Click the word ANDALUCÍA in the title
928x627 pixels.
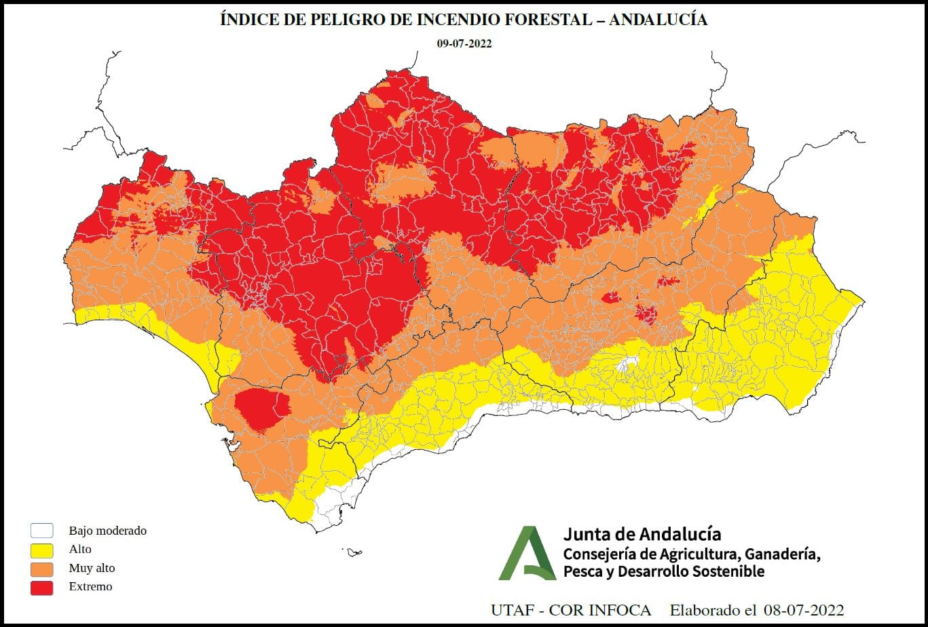coord(658,20)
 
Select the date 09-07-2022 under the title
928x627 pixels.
coord(464,43)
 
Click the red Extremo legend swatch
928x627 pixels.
coord(42,587)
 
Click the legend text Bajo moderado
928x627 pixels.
coord(107,531)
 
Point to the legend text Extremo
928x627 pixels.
coord(90,586)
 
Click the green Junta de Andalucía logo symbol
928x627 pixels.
coord(527,554)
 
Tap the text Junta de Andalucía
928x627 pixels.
coord(642,534)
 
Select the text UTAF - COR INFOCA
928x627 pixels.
coord(570,610)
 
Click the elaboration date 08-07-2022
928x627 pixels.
coord(803,610)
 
